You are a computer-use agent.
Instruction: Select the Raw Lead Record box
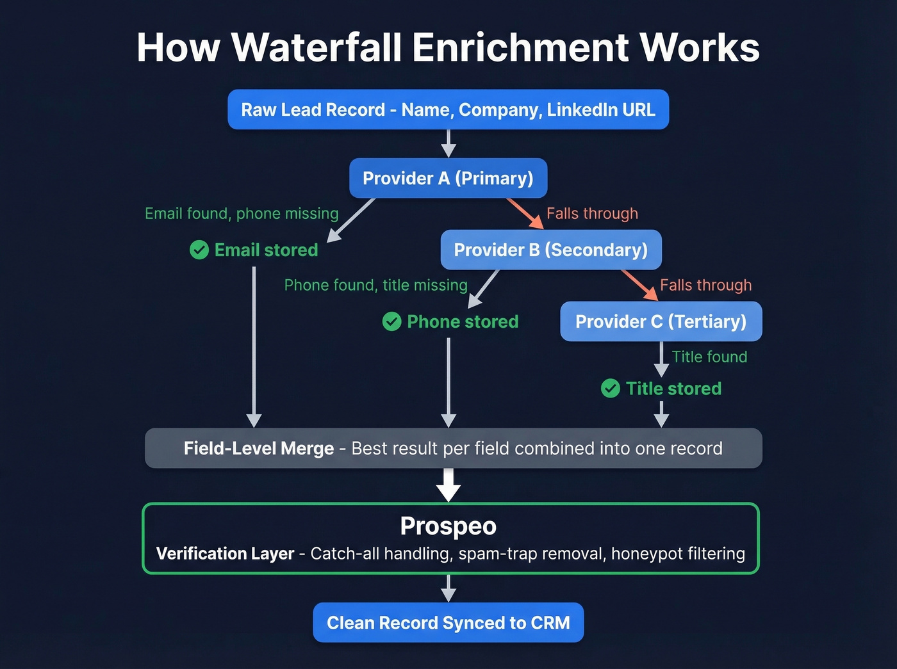(x=448, y=109)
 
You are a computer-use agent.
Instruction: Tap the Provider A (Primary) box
(x=448, y=178)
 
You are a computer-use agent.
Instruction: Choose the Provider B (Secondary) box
(x=550, y=250)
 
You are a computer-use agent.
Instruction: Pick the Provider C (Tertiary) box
(x=661, y=321)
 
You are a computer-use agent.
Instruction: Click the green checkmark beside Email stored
(x=199, y=250)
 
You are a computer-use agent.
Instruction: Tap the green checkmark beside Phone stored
(x=391, y=321)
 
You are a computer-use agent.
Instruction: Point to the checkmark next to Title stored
(x=611, y=389)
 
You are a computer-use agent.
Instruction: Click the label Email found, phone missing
(x=242, y=213)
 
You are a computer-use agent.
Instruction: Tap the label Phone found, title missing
(x=375, y=285)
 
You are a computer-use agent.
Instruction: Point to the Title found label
(x=709, y=357)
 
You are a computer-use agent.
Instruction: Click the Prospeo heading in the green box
(x=448, y=526)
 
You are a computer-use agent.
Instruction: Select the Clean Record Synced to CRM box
(x=448, y=623)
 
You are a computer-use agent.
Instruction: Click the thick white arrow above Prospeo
(x=448, y=485)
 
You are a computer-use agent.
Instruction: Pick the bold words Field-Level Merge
(x=259, y=448)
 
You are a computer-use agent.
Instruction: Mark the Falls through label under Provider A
(x=592, y=213)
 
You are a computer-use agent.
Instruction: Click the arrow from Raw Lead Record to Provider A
(x=448, y=143)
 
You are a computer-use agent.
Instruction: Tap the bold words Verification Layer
(x=225, y=554)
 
